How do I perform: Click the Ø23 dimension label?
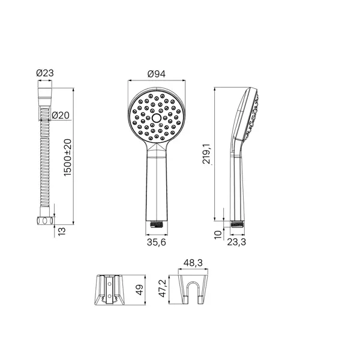tap(45, 73)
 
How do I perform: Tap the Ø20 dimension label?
tap(61, 115)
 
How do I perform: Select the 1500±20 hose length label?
tap(68, 158)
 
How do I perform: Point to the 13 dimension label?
tap(62, 231)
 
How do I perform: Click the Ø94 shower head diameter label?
tap(157, 74)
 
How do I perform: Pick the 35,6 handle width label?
tap(157, 242)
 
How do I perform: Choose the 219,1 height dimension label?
tap(206, 154)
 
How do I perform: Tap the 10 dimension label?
tap(218, 235)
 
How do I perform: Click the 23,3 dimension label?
tap(236, 242)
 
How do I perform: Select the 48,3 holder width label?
tap(193, 263)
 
